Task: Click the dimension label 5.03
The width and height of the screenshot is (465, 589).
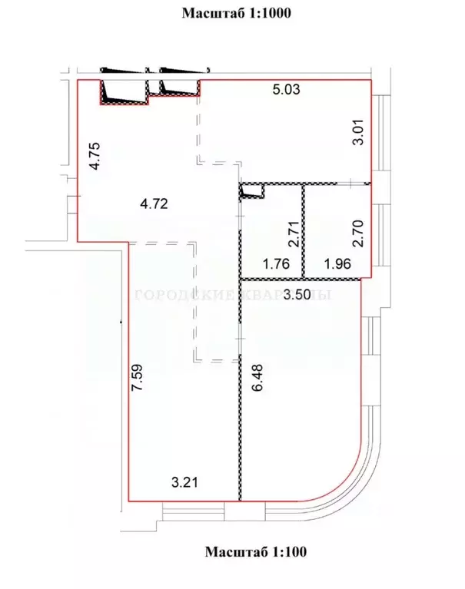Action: point(286,90)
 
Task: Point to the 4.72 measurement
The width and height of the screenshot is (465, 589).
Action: point(154,204)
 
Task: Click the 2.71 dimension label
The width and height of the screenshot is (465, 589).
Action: point(292,232)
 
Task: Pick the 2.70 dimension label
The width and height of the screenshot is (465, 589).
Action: point(356,232)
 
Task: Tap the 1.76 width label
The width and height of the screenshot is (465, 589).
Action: point(275,265)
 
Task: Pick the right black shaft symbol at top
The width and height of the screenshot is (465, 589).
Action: point(178,87)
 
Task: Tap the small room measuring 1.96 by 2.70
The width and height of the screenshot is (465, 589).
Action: point(332,230)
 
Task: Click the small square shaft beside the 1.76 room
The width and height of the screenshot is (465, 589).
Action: point(251,190)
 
